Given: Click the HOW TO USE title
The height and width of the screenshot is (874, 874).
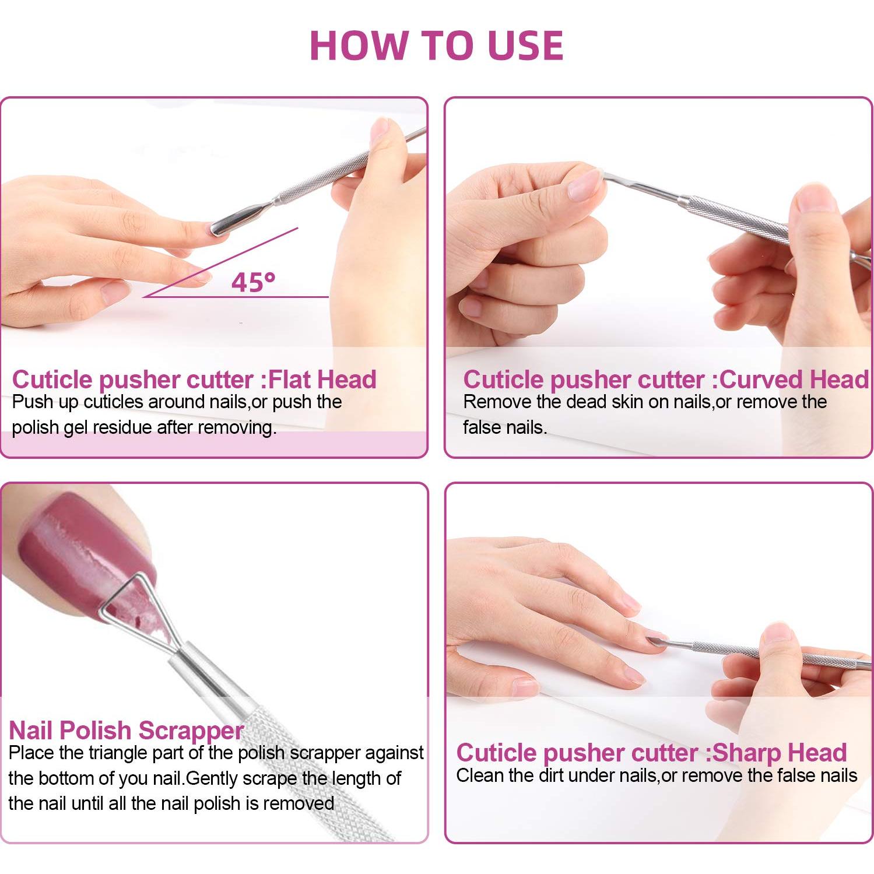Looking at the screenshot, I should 436,45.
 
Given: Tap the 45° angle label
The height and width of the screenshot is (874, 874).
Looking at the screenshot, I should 252,282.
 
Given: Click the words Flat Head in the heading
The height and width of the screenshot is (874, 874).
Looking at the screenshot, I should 322,380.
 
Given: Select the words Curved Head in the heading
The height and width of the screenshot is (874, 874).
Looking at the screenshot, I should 794,380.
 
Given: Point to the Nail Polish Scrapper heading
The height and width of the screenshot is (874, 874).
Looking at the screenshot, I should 126,731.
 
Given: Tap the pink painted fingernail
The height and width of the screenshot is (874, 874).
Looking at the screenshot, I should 76,542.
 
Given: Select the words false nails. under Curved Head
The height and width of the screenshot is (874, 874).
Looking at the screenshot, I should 505,428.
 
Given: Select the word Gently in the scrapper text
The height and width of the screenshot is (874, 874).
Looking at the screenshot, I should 212,779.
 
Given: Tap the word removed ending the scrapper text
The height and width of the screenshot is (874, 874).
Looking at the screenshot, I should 298,804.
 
